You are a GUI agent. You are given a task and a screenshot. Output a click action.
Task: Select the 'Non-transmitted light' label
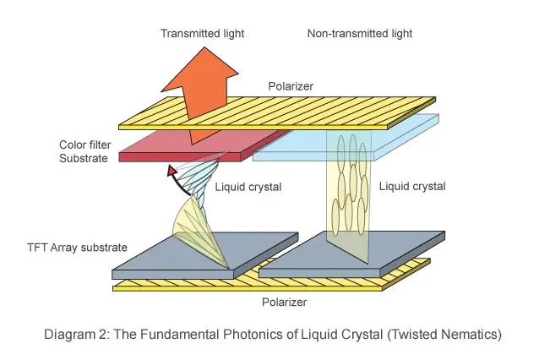point(359,34)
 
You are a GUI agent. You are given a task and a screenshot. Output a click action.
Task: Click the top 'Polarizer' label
point(292,86)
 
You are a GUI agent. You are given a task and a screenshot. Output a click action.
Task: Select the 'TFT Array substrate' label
point(77,248)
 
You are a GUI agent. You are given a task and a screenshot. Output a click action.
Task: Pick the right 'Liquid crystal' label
point(412,186)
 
